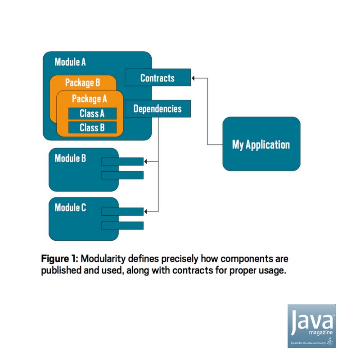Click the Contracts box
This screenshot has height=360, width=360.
pos(157,78)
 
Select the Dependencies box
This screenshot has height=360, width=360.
pos(157,109)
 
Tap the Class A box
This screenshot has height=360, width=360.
pos(92,113)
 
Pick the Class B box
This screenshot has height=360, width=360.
pos(92,128)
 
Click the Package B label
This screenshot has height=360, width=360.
pos(82,82)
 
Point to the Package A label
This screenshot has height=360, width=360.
pos(89,99)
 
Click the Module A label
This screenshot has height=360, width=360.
pos(70,62)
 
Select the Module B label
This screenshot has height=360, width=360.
pos(70,158)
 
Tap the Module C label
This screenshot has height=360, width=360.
pos(70,207)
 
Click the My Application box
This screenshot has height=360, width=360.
pos(261,144)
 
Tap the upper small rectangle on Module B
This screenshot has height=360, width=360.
pos(122,162)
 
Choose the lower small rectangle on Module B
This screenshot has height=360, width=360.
pos(122,175)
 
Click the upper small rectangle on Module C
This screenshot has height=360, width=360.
pos(122,211)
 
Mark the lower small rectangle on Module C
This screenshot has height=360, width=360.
pos(122,225)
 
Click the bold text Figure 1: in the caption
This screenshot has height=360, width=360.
pos(59,260)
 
